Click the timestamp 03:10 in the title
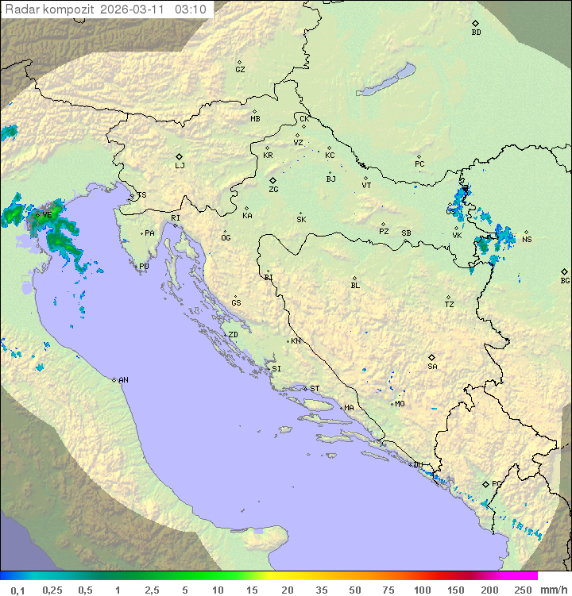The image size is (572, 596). coord(191,10)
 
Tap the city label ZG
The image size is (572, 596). coord(273,190)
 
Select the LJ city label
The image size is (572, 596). coord(180,165)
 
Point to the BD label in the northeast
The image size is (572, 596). coord(476,33)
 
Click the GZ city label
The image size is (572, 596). coord(240,69)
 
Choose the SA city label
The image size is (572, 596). coord(432,366)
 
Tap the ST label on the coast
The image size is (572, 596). coord(315,389)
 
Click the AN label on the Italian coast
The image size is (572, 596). coord(123,380)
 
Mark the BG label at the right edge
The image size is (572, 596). coord(565,280)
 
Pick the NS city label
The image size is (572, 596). coord(527,240)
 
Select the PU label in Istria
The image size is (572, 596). coord(144,267)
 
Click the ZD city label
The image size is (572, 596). coord(233,335)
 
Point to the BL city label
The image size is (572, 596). coord(355,285)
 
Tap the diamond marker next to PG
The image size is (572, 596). coord(485,483)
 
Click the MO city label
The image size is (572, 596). coord(400,404)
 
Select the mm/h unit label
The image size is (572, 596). coord(553,590)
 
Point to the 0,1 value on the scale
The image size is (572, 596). coord(17,590)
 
